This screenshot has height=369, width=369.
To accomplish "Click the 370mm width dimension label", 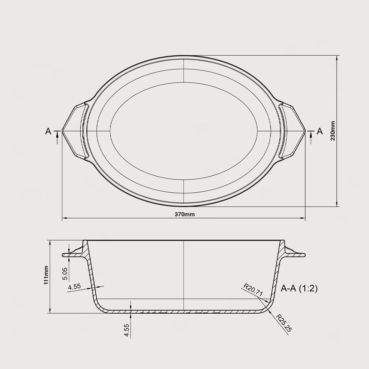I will [x=184, y=214].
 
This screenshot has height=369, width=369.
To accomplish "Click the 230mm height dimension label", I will [x=333, y=131].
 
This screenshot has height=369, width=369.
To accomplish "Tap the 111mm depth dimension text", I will [x=46, y=275].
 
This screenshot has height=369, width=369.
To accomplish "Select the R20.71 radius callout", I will [x=253, y=290].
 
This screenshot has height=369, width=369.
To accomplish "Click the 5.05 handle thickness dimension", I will [x=65, y=274].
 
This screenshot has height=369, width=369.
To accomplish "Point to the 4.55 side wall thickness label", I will [x=74, y=287].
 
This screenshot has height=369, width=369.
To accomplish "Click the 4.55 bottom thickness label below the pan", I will [x=127, y=330].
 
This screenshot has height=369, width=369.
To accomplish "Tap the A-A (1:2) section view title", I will [x=299, y=288].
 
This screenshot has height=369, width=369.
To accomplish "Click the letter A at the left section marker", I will [x=48, y=131].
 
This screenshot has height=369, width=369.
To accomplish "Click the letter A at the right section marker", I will [x=320, y=131].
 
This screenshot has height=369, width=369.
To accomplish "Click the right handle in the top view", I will [x=295, y=131].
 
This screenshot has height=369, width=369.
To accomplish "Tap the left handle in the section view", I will [x=72, y=255].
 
